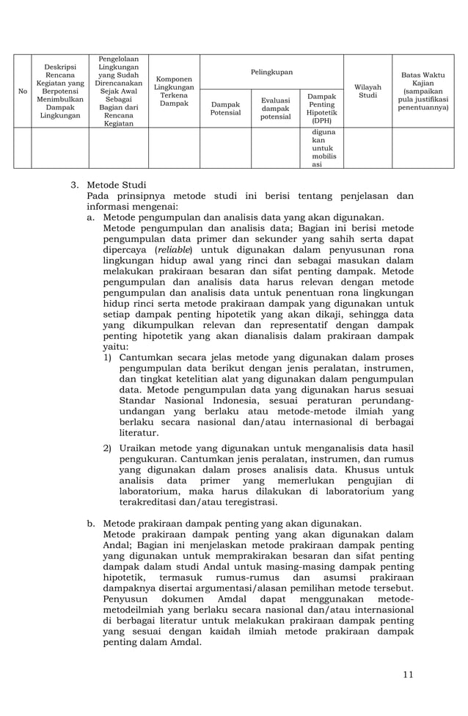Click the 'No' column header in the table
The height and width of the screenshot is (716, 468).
[x=22, y=91]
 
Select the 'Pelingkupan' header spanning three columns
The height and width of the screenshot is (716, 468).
[x=271, y=73]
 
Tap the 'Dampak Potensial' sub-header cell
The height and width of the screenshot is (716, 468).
[x=225, y=109]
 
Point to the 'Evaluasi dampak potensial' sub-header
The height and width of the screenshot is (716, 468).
[x=276, y=109]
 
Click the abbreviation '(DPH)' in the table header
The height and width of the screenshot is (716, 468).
[x=321, y=120]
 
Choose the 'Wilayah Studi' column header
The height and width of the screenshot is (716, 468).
[x=367, y=91]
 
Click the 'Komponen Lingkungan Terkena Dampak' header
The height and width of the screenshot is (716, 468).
[x=174, y=91]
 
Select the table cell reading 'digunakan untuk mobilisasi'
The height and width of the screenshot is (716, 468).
[x=322, y=149]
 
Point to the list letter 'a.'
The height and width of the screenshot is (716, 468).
[x=91, y=217]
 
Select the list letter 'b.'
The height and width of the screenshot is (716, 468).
[x=91, y=524]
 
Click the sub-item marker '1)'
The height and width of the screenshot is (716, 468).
[x=107, y=357]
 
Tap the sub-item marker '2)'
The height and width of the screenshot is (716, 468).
[x=107, y=447]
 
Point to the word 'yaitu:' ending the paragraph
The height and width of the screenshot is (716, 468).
[x=115, y=347]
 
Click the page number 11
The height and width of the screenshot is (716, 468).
[x=408, y=675]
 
